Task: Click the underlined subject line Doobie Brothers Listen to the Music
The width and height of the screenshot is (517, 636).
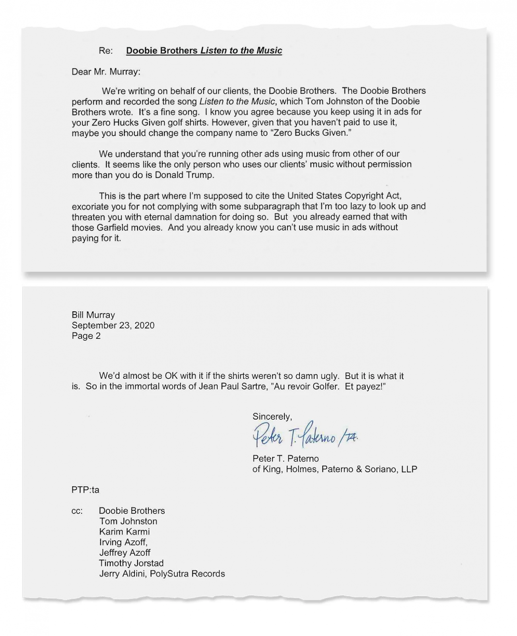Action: (x=204, y=51)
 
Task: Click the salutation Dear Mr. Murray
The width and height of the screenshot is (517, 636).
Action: (x=106, y=72)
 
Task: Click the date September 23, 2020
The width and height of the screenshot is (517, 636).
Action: (x=113, y=326)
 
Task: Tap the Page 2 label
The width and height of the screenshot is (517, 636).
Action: (x=86, y=336)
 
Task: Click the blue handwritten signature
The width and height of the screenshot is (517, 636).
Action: (x=305, y=435)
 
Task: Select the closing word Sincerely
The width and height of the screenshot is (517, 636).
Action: (x=272, y=417)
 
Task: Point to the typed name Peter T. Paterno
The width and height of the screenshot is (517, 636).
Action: (x=286, y=459)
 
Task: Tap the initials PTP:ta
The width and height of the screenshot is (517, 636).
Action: (x=86, y=490)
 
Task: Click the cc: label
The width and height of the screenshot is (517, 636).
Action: (x=77, y=511)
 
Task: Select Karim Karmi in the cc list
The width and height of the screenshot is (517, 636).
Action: (x=124, y=532)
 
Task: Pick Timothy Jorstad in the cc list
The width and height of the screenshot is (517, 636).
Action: (x=131, y=563)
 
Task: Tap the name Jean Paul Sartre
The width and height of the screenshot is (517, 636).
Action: (x=233, y=387)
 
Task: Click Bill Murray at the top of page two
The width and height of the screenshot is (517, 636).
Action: (x=93, y=315)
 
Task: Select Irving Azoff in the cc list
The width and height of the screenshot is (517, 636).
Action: (x=123, y=542)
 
